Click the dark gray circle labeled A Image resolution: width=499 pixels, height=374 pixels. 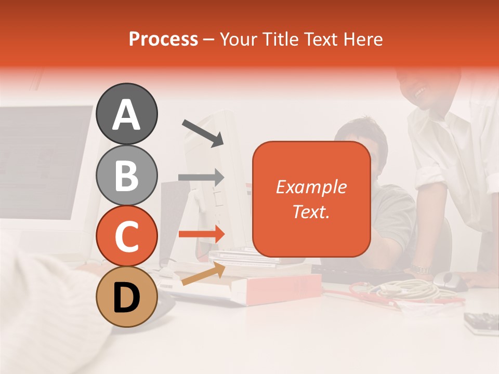126,114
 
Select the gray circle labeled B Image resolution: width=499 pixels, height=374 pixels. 126,175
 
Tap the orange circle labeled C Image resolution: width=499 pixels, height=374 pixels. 126,236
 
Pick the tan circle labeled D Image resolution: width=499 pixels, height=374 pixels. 126,297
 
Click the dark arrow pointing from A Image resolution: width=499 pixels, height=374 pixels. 203,132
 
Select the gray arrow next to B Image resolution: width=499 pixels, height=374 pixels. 201,178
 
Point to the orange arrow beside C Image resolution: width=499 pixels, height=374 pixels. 201,234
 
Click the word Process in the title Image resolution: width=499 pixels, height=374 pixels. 163,39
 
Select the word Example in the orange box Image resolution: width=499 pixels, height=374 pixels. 311,187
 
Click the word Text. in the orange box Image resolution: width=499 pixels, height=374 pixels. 311,211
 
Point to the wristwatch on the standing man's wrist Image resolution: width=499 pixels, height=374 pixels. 419,270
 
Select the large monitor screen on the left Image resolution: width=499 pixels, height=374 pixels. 44,161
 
